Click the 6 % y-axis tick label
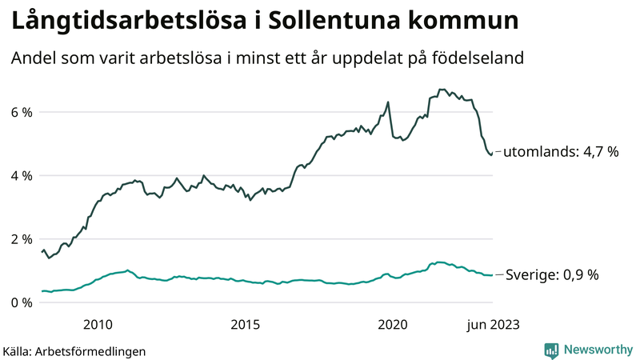21,112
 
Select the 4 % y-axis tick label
21,175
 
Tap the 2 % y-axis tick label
21,238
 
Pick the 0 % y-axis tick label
21,302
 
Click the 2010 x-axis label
97,324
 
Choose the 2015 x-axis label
245,324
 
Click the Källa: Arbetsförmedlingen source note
74,350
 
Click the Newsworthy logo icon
552,350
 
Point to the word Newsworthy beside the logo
596,350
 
